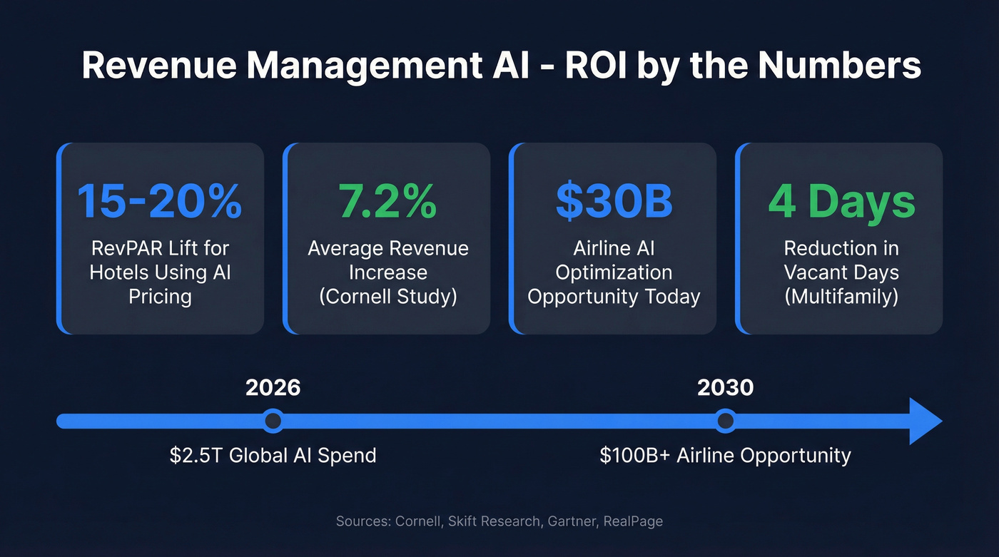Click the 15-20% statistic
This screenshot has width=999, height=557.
(160, 201)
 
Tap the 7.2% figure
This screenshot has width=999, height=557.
(387, 201)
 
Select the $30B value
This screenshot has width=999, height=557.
(614, 201)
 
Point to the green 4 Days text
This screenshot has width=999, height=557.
(841, 201)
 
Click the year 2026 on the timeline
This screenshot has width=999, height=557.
(273, 387)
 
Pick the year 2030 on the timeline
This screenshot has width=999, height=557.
(725, 387)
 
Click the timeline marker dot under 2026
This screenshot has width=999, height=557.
(273, 421)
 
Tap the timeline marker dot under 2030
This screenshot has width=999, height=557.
(725, 421)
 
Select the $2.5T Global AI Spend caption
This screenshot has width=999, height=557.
(273, 455)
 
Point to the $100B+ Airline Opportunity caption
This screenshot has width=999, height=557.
(725, 455)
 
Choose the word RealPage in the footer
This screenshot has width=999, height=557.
(633, 521)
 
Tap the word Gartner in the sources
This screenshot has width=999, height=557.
(571, 521)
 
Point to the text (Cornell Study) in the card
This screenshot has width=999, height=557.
(387, 296)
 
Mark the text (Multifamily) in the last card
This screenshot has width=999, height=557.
(841, 296)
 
